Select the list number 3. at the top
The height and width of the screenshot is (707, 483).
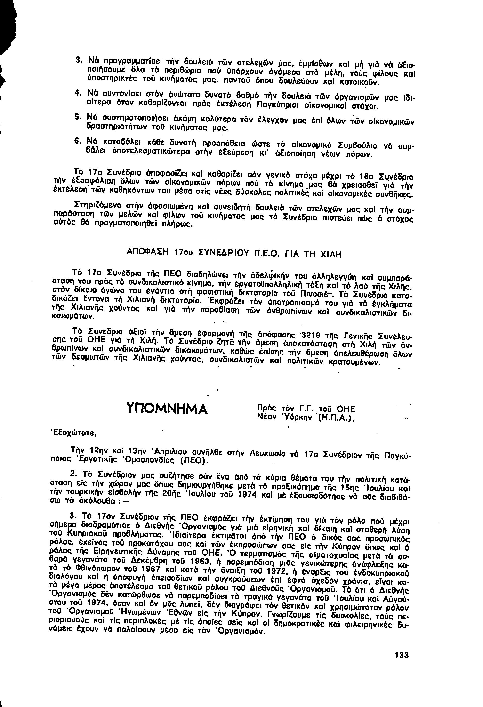coord(78,60)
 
